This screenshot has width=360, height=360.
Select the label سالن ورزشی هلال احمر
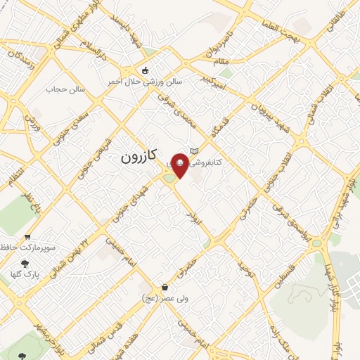[x=144, y=82]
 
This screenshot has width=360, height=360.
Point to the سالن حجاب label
[x=65, y=89]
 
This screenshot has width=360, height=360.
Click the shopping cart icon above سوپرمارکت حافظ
[x=27, y=237]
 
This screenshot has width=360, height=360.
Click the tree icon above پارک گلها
[x=26, y=264]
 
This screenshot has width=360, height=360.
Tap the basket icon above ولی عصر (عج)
[x=165, y=287]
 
